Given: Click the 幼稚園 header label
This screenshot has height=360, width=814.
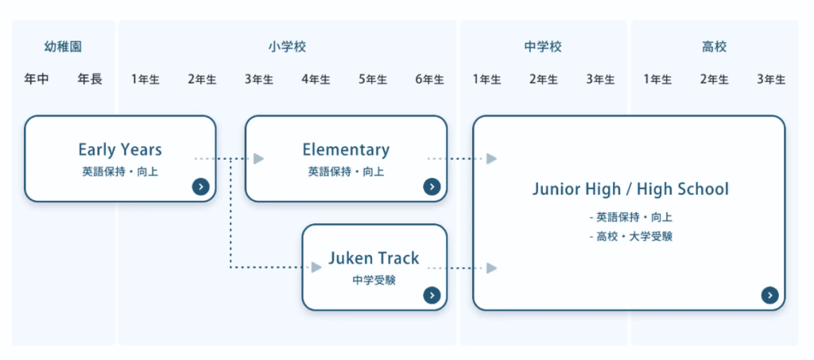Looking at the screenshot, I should pos(63,47).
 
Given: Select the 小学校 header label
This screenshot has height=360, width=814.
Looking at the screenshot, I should pos(287,47).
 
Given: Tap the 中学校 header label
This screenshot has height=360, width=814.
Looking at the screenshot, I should pos(543,47).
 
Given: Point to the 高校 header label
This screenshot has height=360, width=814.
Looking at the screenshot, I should pos(714,47).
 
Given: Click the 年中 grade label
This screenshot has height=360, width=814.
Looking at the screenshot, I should pos(36,79).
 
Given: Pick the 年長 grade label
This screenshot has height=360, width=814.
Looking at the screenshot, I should pos(90,79).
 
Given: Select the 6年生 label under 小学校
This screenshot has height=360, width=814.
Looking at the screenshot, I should pos(429,79).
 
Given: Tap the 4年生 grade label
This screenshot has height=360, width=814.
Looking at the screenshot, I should pos(316,79).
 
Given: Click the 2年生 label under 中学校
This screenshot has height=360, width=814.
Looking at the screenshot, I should pos(543,79).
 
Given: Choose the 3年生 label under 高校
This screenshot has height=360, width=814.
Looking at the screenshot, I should pos(771,79).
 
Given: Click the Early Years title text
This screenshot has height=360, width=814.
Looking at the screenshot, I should pos(120,149).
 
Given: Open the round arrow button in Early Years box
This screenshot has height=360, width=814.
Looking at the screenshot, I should pos(201,187).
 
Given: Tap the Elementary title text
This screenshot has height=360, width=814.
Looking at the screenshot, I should pos(346,149).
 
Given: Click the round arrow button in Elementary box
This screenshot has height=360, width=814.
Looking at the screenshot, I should pos(432,187).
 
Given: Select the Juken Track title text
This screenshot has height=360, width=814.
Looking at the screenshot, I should pos(374,258).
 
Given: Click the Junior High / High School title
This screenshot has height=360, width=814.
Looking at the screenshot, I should pos(630,189).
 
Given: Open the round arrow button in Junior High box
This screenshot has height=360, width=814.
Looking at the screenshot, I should pos(769,295).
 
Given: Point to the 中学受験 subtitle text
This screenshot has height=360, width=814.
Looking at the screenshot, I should pos(374,280).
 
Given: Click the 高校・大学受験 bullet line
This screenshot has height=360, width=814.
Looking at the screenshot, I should pos(634,236).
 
